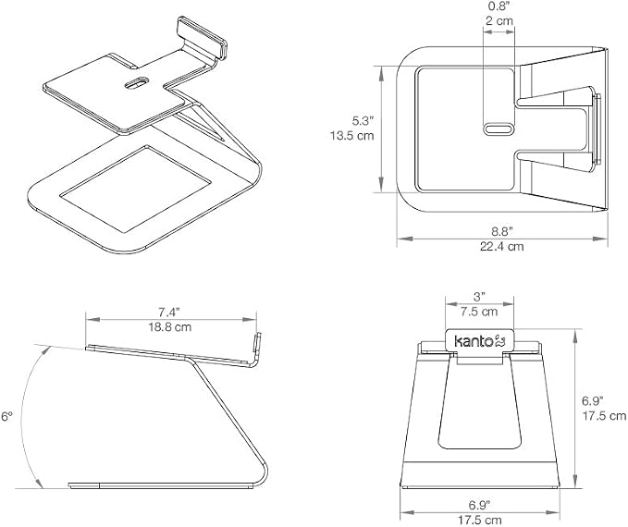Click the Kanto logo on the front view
tap(479, 341)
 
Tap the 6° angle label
tap(6, 416)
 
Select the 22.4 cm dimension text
tap(502, 246)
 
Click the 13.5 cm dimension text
tap(352, 135)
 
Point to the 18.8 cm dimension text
tap(170, 326)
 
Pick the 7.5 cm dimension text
tap(479, 312)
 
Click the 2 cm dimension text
tap(499, 20)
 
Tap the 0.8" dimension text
tap(499, 6)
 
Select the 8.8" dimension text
tap(502, 231)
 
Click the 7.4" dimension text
tap(169, 312)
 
